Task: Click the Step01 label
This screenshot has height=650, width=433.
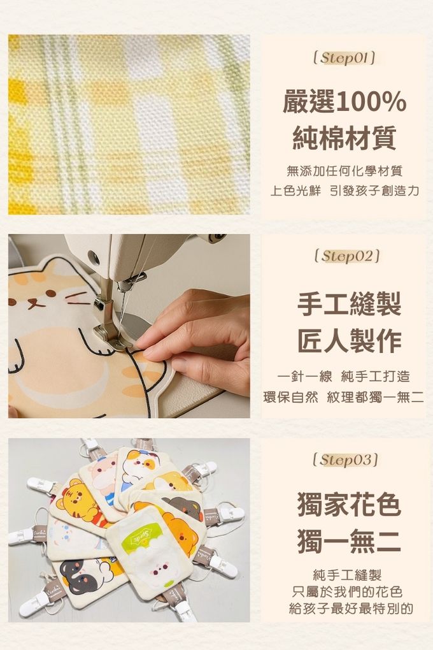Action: click(x=344, y=58)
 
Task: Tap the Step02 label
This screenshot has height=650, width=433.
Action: click(x=347, y=256)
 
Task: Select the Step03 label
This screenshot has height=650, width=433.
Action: click(x=346, y=459)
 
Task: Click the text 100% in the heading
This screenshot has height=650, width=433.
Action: click(x=370, y=102)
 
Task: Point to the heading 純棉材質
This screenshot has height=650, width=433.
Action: click(x=344, y=138)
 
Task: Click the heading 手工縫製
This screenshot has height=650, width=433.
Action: click(x=350, y=304)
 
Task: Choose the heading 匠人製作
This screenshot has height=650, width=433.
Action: click(x=350, y=341)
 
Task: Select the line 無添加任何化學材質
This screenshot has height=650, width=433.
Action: click(x=344, y=171)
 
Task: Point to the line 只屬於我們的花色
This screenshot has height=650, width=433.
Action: click(x=347, y=591)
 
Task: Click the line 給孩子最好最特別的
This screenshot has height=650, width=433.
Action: click(x=351, y=609)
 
